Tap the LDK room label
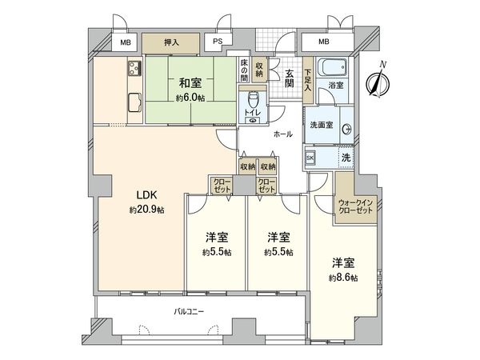coord(144,194)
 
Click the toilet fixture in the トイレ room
coord(253,102)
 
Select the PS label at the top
coord(218,42)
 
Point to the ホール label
coord(282,134)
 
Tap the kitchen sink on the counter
coord(134,67)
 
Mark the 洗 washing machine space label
coord(346,158)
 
